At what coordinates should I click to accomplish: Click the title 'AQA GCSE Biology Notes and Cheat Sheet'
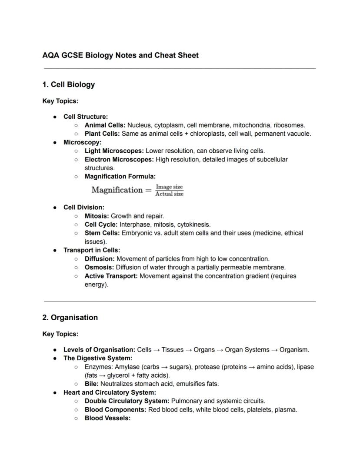120,55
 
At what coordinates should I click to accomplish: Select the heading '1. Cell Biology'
68,84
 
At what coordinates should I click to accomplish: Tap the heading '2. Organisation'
70,318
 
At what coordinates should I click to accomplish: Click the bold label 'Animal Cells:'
105,125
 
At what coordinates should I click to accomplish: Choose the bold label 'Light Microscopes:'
114,151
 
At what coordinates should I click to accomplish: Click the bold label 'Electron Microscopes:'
119,160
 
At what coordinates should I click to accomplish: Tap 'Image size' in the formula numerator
170,187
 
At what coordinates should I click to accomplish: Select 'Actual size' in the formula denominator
170,194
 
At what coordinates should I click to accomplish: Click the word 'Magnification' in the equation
117,190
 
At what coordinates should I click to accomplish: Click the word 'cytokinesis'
193,225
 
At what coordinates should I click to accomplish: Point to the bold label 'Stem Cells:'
102,233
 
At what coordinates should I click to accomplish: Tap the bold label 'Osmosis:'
99,268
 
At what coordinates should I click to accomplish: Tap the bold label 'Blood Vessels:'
107,418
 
